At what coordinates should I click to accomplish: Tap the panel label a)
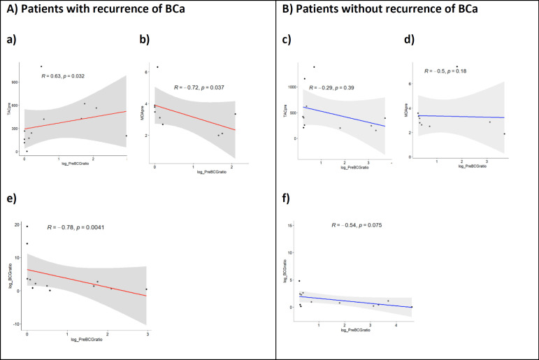coord(12,40)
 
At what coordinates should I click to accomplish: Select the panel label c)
coord(287,41)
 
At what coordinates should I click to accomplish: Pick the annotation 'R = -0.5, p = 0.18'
coord(450,71)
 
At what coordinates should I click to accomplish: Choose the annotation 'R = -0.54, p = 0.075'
coord(356,225)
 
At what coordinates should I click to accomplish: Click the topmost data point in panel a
coord(41,66)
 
